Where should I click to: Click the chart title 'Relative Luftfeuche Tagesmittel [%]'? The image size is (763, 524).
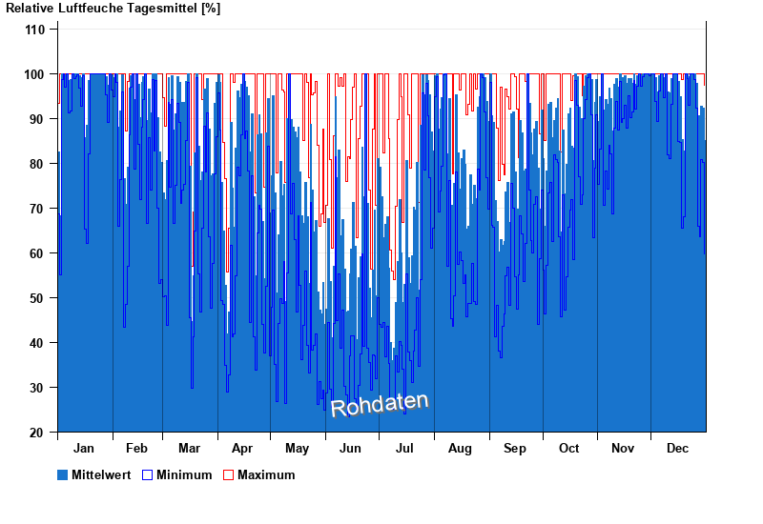point(113,8)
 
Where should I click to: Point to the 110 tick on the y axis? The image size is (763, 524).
point(34,30)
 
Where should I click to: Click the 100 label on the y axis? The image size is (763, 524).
point(34,74)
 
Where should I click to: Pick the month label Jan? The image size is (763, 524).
point(84,448)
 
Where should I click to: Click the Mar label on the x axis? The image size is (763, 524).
point(189,448)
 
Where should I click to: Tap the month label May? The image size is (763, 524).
point(297,448)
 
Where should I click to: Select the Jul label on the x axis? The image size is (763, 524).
point(405,448)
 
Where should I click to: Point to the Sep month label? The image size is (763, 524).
point(515,448)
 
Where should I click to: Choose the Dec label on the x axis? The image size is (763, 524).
point(677,448)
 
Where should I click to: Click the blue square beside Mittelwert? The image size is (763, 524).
point(63,474)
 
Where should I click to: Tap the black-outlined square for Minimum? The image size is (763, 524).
point(147,474)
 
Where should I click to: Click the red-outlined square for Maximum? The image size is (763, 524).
point(228,474)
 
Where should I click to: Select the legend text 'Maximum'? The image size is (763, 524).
point(266,474)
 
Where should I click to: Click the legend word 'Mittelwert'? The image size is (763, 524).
point(102,474)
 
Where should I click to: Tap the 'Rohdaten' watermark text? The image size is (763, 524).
point(380,404)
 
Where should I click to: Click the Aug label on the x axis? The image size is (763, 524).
point(460,448)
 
